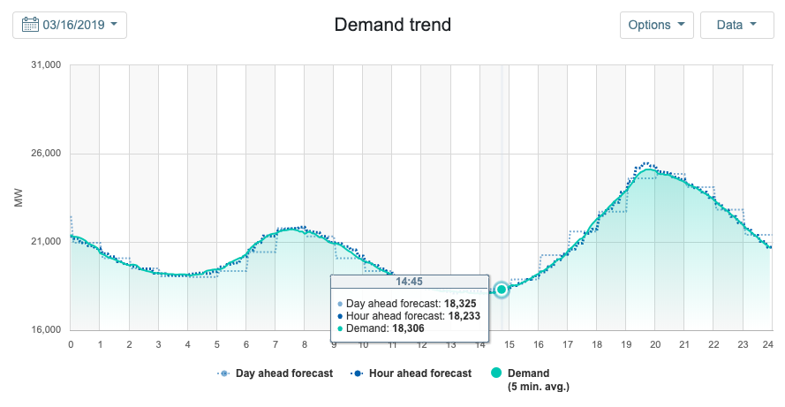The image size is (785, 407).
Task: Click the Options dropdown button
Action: point(656,25)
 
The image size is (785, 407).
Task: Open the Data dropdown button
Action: point(736,25)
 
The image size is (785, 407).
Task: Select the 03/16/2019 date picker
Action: point(70,25)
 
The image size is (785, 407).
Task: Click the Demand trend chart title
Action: point(392,25)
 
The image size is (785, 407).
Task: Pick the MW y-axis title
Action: point(19,198)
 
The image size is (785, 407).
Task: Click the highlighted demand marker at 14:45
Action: point(502,290)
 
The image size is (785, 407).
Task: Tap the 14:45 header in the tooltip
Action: point(410,283)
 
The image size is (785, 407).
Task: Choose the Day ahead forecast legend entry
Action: point(276,373)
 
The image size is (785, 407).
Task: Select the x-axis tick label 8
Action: point(305,344)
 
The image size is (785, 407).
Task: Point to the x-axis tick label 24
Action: point(768,344)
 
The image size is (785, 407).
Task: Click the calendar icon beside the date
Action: point(29,25)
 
